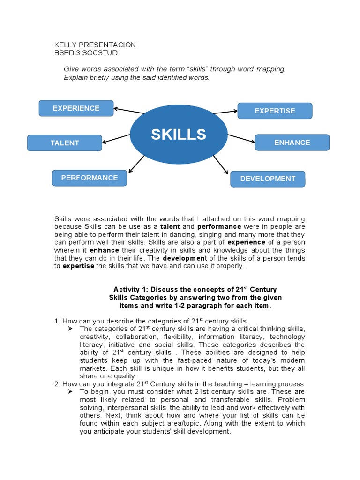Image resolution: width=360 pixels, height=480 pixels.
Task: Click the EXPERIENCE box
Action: pyautogui.click(x=76, y=108)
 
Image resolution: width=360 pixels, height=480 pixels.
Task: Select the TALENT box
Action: pyautogui.click(x=65, y=143)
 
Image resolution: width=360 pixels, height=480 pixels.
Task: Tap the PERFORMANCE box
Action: pyautogui.click(x=90, y=178)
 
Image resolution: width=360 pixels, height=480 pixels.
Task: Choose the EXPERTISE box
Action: pyautogui.click(x=275, y=111)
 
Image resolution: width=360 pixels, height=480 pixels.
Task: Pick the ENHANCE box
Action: pyautogui.click(x=292, y=142)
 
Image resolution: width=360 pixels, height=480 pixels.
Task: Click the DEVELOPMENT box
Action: pyautogui.click(x=268, y=179)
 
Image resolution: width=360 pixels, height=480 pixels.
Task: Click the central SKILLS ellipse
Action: pyautogui.click(x=178, y=135)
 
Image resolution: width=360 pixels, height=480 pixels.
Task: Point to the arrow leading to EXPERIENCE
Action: pyautogui.click(x=129, y=111)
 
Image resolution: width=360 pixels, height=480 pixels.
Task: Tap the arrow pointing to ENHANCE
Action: pyautogui.click(x=240, y=138)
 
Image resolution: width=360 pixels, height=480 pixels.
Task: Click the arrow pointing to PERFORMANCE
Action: pyautogui.click(x=136, y=164)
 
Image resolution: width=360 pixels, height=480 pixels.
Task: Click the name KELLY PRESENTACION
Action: pyautogui.click(x=95, y=45)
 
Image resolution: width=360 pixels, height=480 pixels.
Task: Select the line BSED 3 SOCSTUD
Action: pyautogui.click(x=86, y=53)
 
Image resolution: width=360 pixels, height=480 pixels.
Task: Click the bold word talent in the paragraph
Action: pyautogui.click(x=170, y=226)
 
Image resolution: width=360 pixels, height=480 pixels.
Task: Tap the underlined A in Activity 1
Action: pyautogui.click(x=116, y=289)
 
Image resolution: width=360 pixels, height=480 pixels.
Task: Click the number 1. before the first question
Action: pyautogui.click(x=57, y=321)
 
